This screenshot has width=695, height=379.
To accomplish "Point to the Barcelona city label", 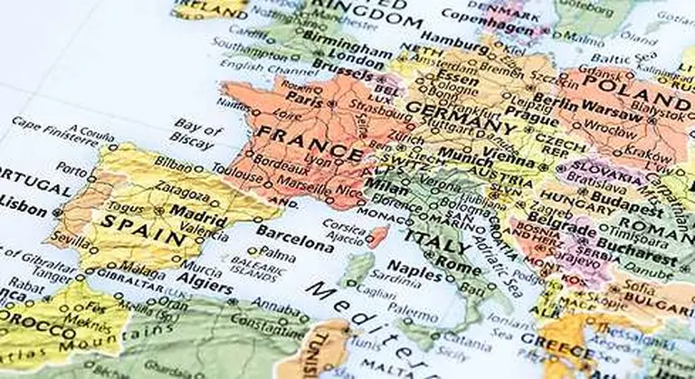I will click(295, 242).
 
